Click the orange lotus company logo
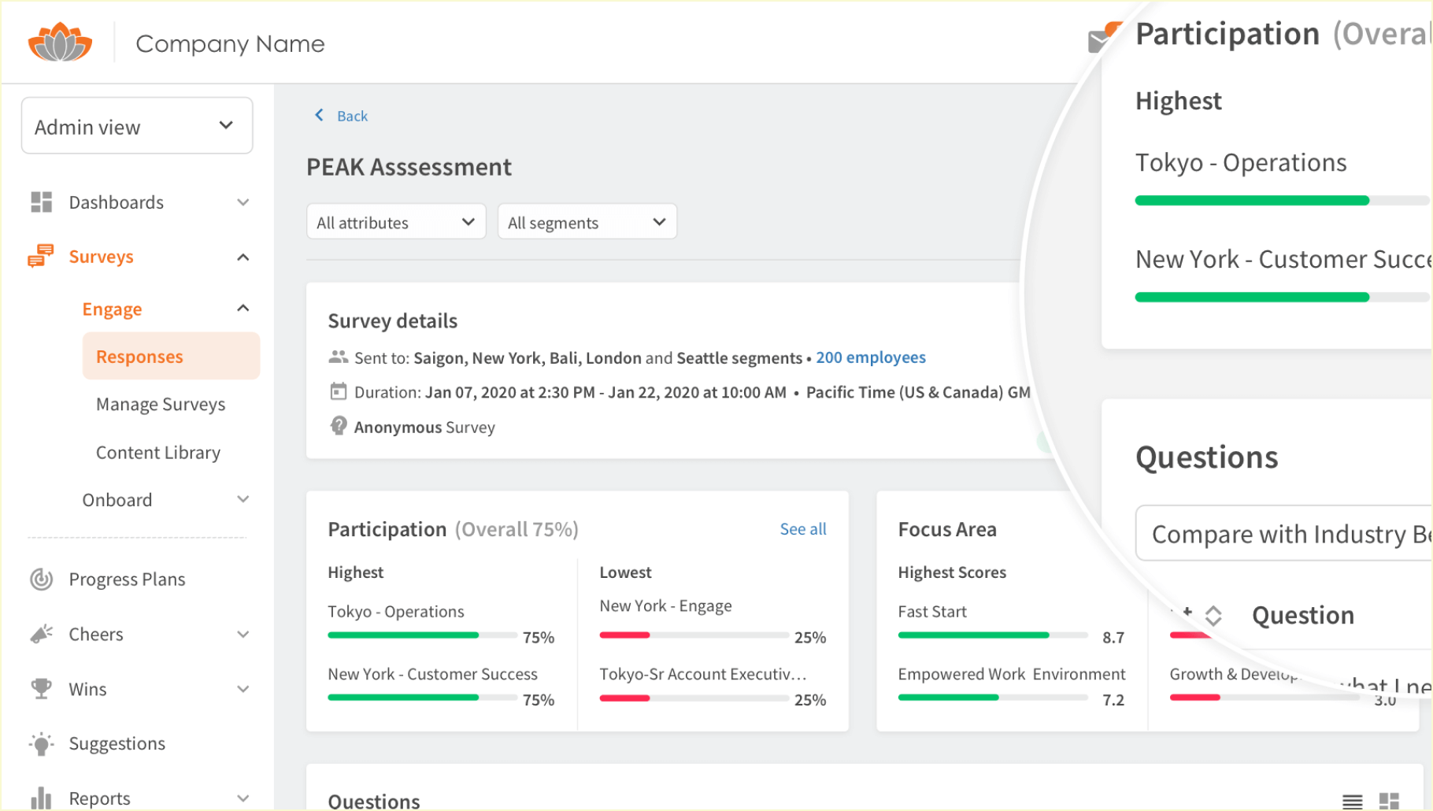click(60, 43)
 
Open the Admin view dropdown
click(137, 126)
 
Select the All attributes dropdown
click(395, 222)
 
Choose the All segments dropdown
click(587, 222)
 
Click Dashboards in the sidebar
click(117, 202)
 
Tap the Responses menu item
click(139, 357)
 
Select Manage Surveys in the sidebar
click(161, 404)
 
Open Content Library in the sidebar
click(158, 453)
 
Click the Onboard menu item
click(117, 500)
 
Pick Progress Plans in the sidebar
click(127, 580)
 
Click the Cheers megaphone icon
click(41, 634)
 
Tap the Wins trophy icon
click(41, 689)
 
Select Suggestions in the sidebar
click(117, 743)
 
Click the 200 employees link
click(871, 357)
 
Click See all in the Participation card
click(803, 529)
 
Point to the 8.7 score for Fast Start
click(1113, 637)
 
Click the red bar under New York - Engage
click(624, 635)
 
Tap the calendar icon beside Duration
click(339, 391)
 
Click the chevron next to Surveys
click(243, 257)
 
